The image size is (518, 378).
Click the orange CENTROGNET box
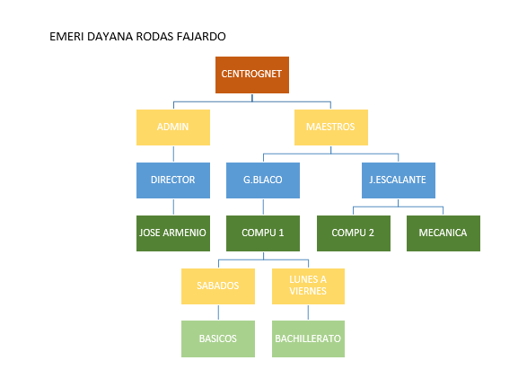[x=252, y=75]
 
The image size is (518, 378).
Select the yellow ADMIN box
[x=173, y=127]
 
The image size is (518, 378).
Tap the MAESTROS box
[x=331, y=127]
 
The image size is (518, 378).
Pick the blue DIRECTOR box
[x=173, y=180]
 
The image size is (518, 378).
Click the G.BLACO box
[x=263, y=180]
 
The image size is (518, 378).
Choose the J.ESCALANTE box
[x=399, y=180]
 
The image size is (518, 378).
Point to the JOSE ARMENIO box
[x=173, y=233]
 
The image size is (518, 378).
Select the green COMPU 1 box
[x=263, y=233]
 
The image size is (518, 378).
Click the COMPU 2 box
[x=354, y=233]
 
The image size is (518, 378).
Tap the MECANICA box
[x=443, y=233]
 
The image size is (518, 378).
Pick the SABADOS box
[x=218, y=286]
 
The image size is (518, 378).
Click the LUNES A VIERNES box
[x=308, y=286]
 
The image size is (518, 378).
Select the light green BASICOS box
[x=218, y=338]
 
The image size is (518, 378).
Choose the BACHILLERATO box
[x=308, y=338]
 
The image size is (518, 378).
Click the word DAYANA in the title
[x=110, y=36]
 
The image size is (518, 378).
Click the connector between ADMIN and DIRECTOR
[x=173, y=154]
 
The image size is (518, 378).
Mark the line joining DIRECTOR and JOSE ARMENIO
[x=173, y=207]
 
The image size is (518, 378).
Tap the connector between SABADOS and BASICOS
[x=218, y=312]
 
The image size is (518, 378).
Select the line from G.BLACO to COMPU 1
[x=263, y=207]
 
